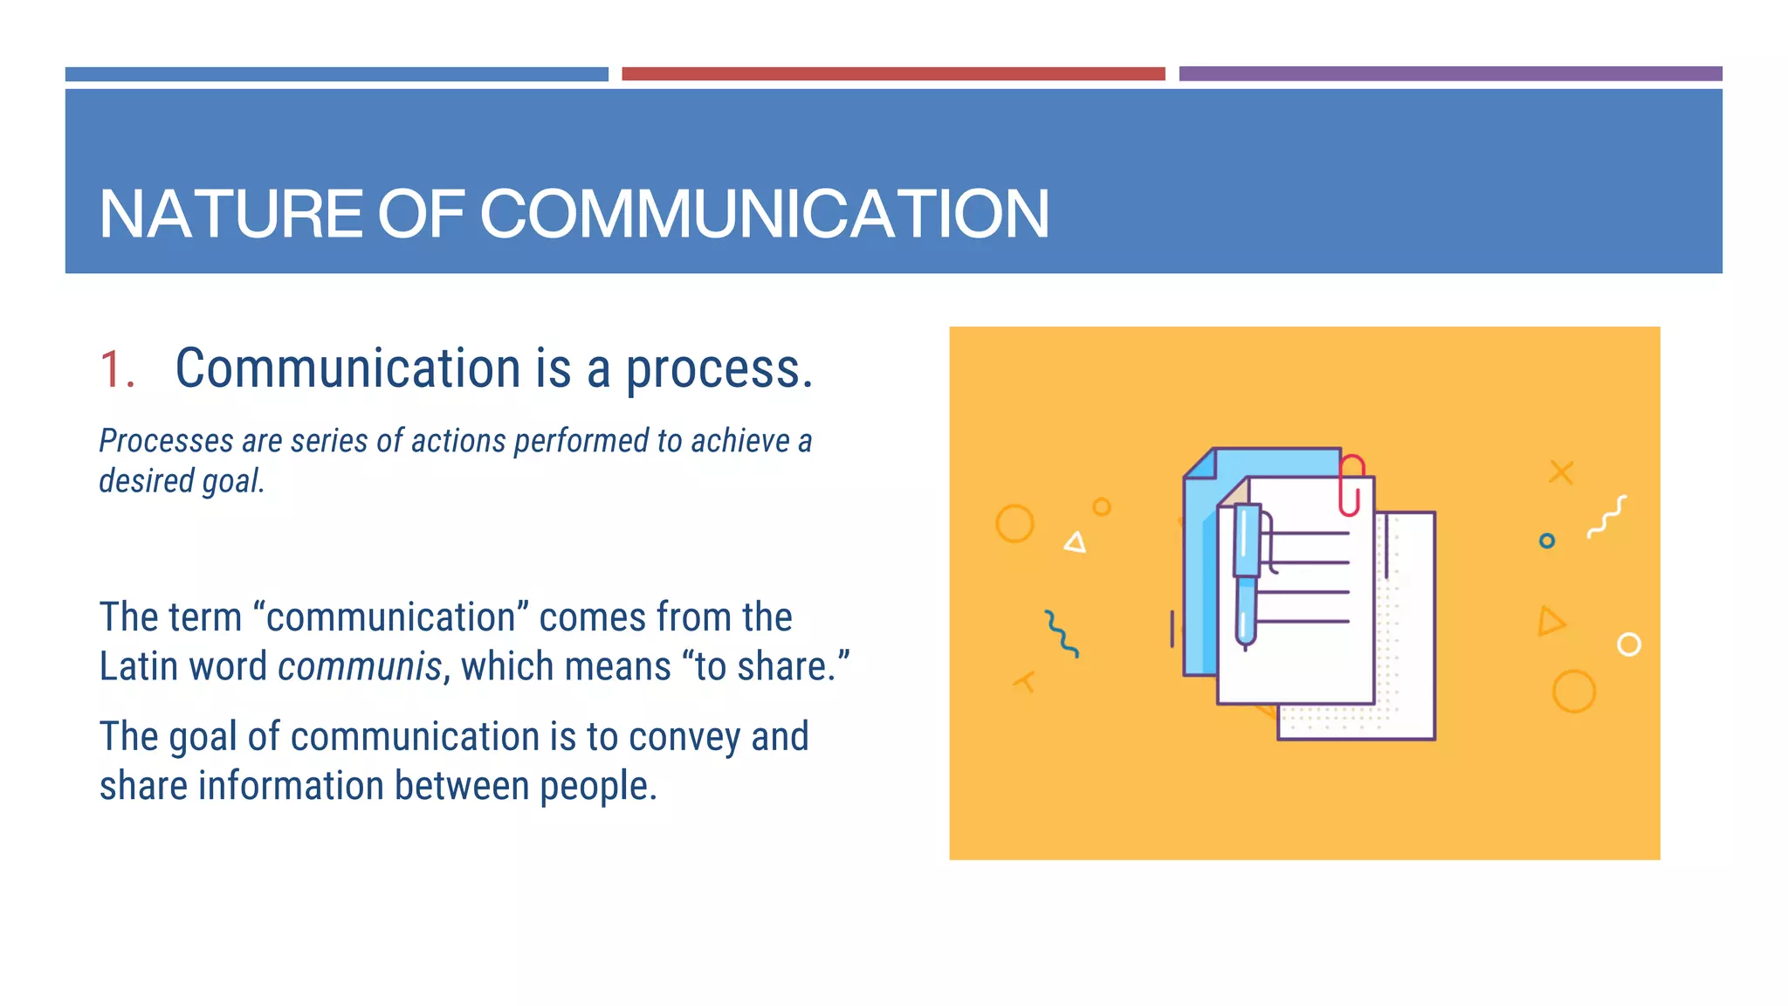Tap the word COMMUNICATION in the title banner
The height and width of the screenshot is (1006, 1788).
[x=764, y=214]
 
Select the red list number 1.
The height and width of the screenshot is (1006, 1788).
[x=115, y=369]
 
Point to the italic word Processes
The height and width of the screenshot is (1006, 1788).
[x=167, y=441]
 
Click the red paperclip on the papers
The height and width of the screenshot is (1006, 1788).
[x=1351, y=485]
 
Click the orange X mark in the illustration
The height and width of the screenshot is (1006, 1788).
[x=1561, y=472]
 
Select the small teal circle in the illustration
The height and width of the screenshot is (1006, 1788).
[x=1547, y=541]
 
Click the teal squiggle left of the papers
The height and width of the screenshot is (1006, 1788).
[x=1062, y=633]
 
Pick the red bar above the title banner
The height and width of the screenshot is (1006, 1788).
[x=893, y=74]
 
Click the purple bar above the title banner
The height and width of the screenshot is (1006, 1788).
[x=1450, y=74]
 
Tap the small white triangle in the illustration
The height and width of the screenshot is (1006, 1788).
[x=1076, y=543]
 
